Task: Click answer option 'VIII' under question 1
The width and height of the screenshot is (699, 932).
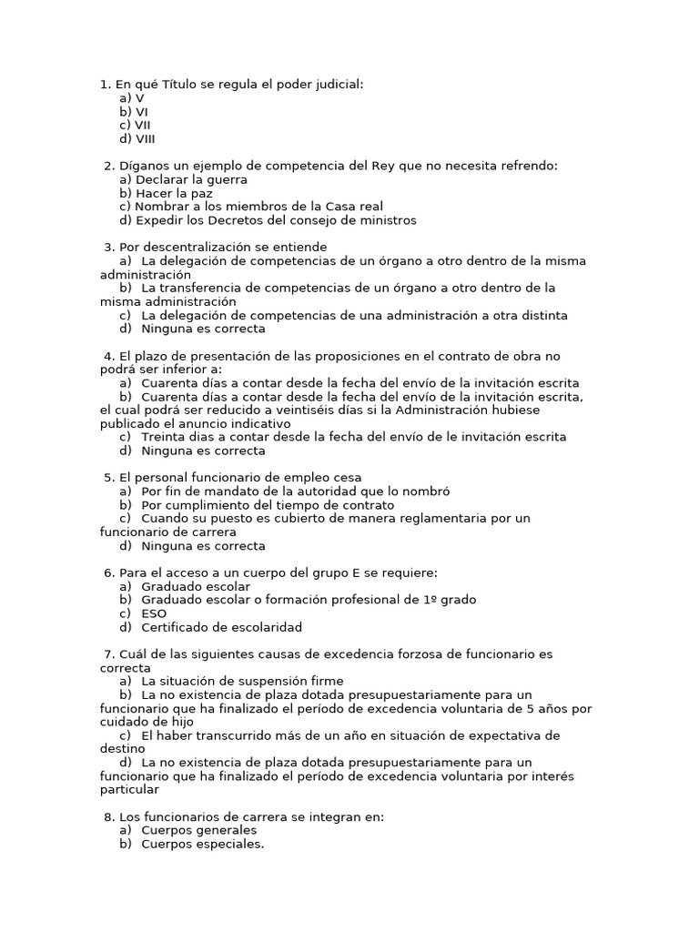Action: click(x=145, y=139)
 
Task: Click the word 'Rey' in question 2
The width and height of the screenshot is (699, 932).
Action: click(x=384, y=166)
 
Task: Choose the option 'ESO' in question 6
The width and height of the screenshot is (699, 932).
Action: click(x=154, y=613)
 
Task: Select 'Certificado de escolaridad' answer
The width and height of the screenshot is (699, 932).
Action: click(x=221, y=627)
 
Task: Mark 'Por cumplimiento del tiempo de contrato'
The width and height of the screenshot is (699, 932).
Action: click(x=268, y=504)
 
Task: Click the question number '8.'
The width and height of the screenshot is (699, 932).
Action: click(x=110, y=816)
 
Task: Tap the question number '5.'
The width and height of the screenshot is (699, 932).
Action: click(x=110, y=477)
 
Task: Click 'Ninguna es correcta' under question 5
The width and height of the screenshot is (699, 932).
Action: click(x=203, y=546)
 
